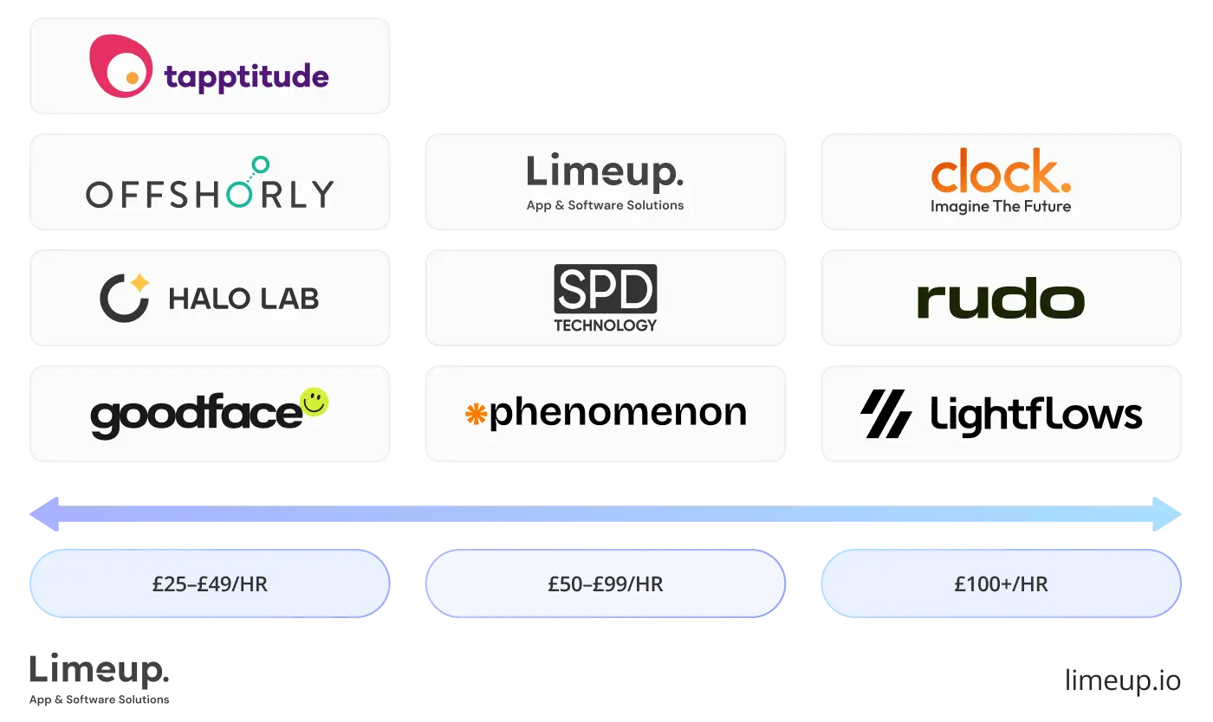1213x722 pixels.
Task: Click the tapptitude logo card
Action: (211, 66)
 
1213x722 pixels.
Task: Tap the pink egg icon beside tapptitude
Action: (120, 66)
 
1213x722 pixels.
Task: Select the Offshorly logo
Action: (210, 186)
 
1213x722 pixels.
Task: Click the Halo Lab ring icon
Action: (122, 299)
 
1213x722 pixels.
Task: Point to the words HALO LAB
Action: (243, 300)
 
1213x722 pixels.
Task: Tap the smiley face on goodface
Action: (314, 401)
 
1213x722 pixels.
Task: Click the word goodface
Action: (196, 416)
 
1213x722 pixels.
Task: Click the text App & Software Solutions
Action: (605, 205)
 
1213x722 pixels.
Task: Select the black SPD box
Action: (605, 289)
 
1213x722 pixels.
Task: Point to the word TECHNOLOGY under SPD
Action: (605, 326)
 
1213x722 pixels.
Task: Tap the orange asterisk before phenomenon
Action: (476, 415)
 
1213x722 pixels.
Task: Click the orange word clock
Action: (1001, 172)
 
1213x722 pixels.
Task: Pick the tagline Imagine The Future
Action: (1001, 206)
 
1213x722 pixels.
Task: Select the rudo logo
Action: (1001, 300)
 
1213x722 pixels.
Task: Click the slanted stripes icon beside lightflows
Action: (885, 414)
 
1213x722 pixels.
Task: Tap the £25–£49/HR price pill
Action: (210, 583)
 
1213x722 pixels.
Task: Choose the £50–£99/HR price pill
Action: (605, 583)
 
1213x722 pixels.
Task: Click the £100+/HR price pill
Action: (1001, 583)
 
